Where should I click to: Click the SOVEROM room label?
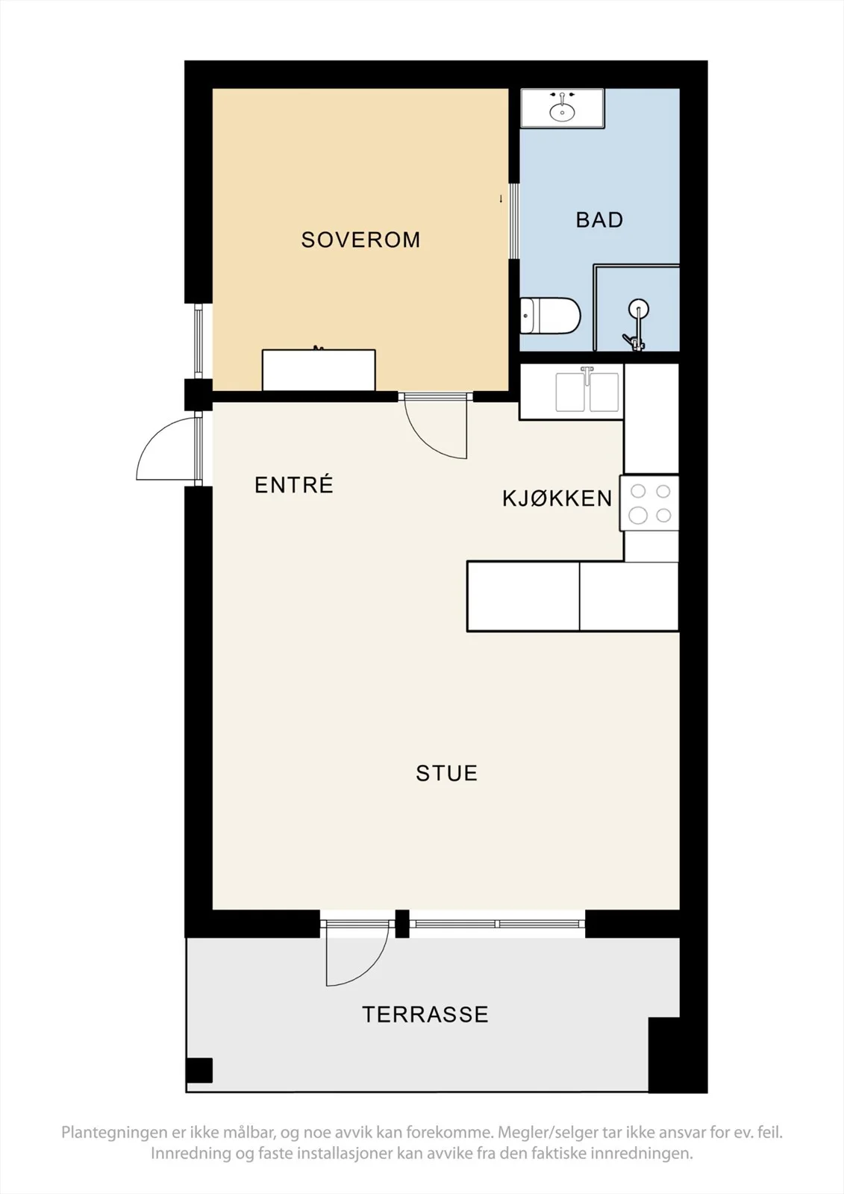click(360, 240)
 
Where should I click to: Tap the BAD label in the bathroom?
click(599, 220)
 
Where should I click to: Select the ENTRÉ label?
click(294, 484)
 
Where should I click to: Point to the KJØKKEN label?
click(557, 498)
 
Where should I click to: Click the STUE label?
click(446, 773)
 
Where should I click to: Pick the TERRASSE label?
click(425, 1014)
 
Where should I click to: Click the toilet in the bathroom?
click(550, 316)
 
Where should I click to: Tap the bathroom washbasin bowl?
click(562, 113)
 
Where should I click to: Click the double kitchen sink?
click(587, 392)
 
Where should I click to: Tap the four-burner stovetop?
click(649, 503)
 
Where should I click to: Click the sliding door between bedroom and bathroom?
click(514, 221)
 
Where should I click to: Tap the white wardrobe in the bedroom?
click(319, 370)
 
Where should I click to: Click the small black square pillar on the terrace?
click(199, 1070)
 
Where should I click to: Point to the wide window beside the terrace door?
click(497, 922)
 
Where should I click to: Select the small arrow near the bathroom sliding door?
click(501, 199)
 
